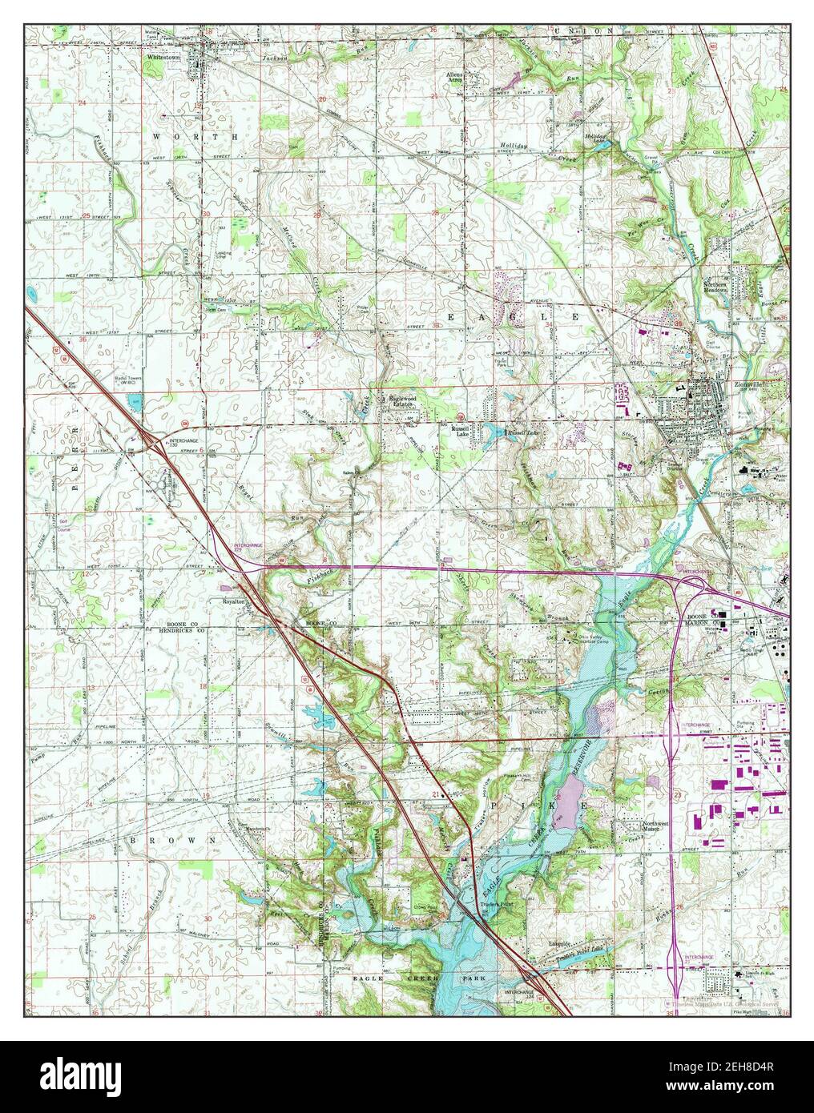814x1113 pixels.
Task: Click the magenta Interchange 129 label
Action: point(248,547)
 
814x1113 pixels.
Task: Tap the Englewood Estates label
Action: point(405,401)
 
